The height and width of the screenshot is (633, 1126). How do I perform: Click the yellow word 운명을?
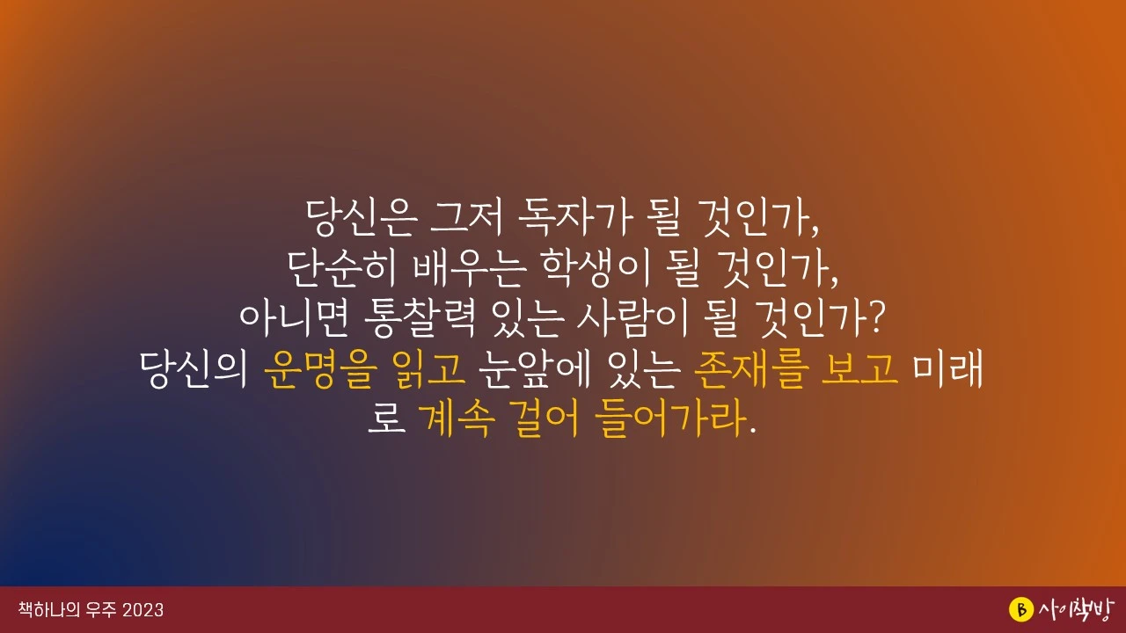coord(317,370)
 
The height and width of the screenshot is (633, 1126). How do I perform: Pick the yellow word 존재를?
coord(746,370)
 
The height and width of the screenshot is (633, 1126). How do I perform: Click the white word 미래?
coord(948,370)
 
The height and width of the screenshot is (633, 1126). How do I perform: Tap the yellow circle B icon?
coord(1020,609)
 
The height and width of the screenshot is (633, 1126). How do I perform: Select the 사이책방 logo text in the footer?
coord(1076,609)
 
